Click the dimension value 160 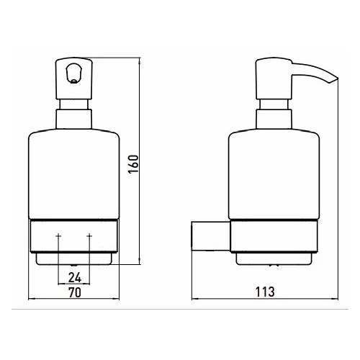tap(133, 164)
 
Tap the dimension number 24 tap(75, 278)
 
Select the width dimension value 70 tap(75, 292)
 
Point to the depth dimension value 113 tap(265, 292)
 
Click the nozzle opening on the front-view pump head tap(73, 73)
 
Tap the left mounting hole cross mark tap(58, 236)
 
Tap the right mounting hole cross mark tap(89, 236)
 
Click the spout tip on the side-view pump tap(334, 81)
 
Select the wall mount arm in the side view tap(211, 236)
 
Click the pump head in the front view tap(74, 78)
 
